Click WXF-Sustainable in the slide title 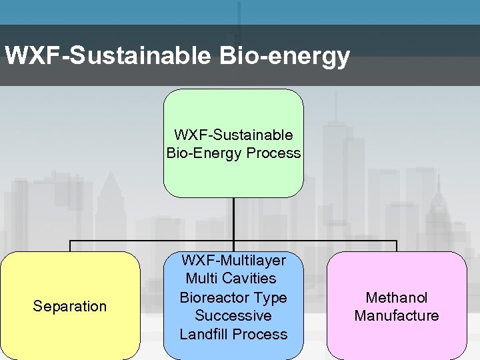[x=107, y=56]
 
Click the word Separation [x=70, y=307]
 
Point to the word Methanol [x=397, y=297]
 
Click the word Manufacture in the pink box [x=397, y=316]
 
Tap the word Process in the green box [x=273, y=153]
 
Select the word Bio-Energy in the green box [x=205, y=153]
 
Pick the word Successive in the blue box [x=233, y=316]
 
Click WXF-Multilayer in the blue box [x=233, y=260]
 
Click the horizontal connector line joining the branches [x=153, y=241]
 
